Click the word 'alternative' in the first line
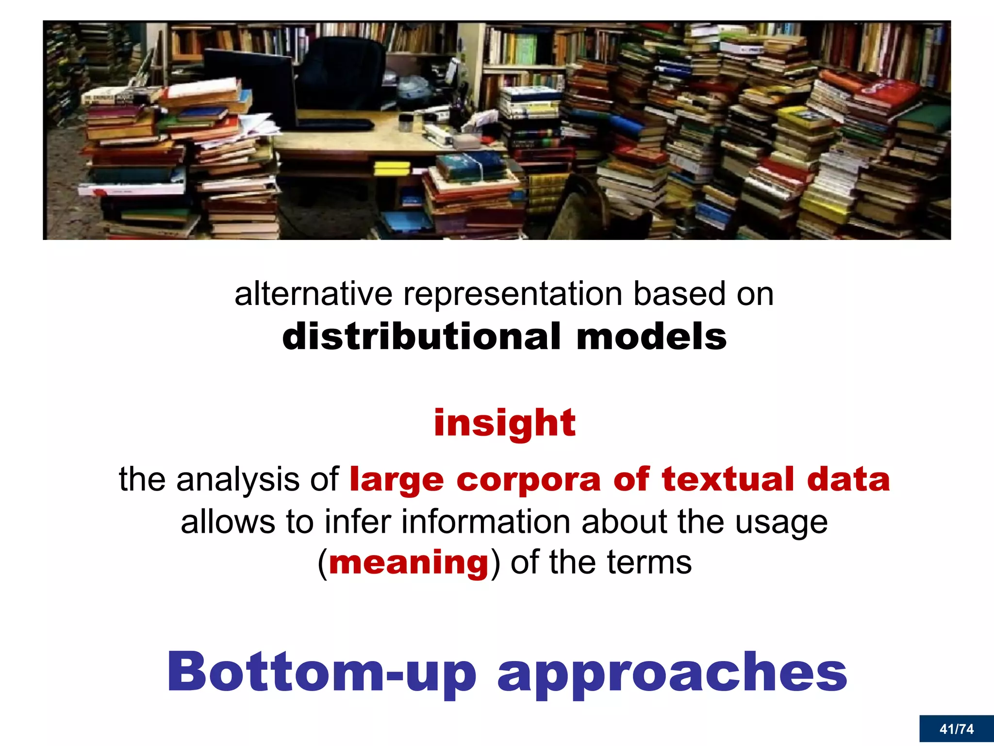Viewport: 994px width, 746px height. point(313,294)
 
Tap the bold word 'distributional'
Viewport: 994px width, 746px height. point(421,337)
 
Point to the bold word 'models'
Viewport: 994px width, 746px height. point(651,337)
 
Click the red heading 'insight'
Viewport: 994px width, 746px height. point(504,423)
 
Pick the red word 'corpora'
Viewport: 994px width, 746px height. point(529,480)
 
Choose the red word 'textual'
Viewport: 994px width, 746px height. point(728,479)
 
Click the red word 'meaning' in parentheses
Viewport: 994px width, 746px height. point(409,563)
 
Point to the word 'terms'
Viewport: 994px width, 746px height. point(649,563)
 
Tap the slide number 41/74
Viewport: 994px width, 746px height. point(956,729)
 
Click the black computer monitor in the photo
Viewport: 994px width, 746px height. point(250,85)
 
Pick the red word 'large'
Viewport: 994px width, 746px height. point(397,480)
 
